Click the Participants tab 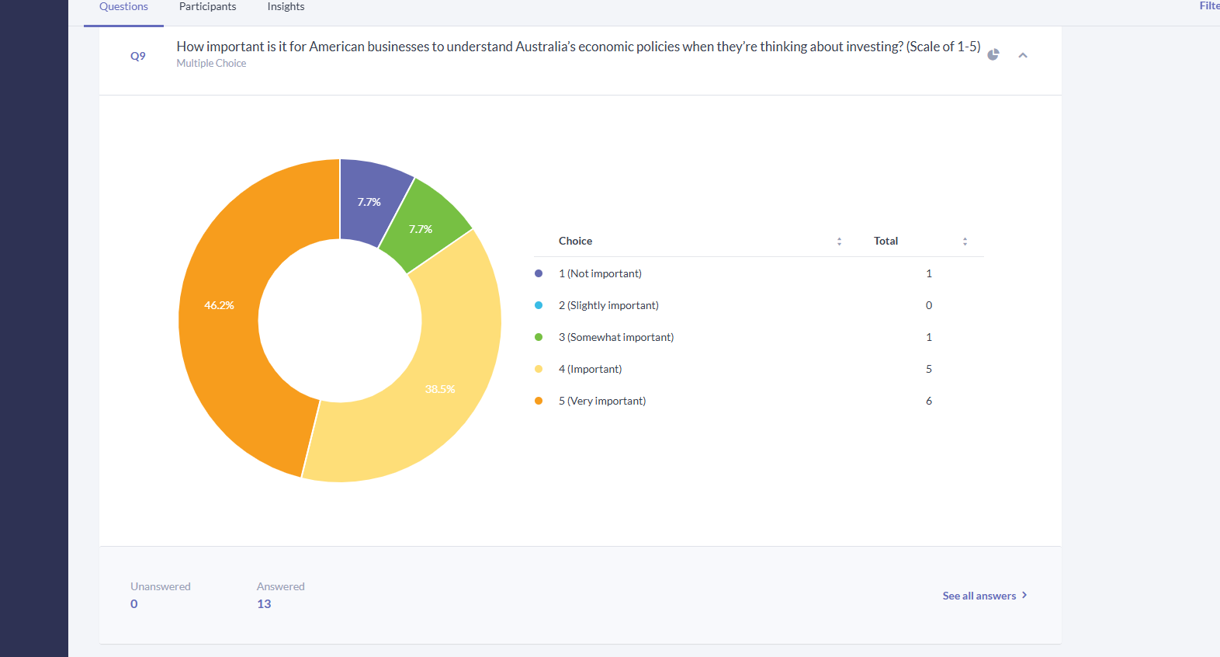[x=207, y=6]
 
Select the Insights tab [x=286, y=6]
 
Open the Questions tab [x=123, y=6]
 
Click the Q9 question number [x=138, y=56]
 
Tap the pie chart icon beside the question [x=993, y=54]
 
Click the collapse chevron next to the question [x=1023, y=55]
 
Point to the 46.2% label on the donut [x=219, y=305]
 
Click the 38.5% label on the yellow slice [x=439, y=389]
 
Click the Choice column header [x=575, y=241]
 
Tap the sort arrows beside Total [x=965, y=242]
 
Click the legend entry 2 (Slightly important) [x=608, y=305]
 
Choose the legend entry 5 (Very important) [x=601, y=401]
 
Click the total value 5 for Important [x=929, y=369]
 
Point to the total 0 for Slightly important [x=929, y=305]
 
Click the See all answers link [x=985, y=596]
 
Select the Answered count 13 [x=264, y=604]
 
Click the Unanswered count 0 [x=134, y=604]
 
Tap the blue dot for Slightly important [x=539, y=305]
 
